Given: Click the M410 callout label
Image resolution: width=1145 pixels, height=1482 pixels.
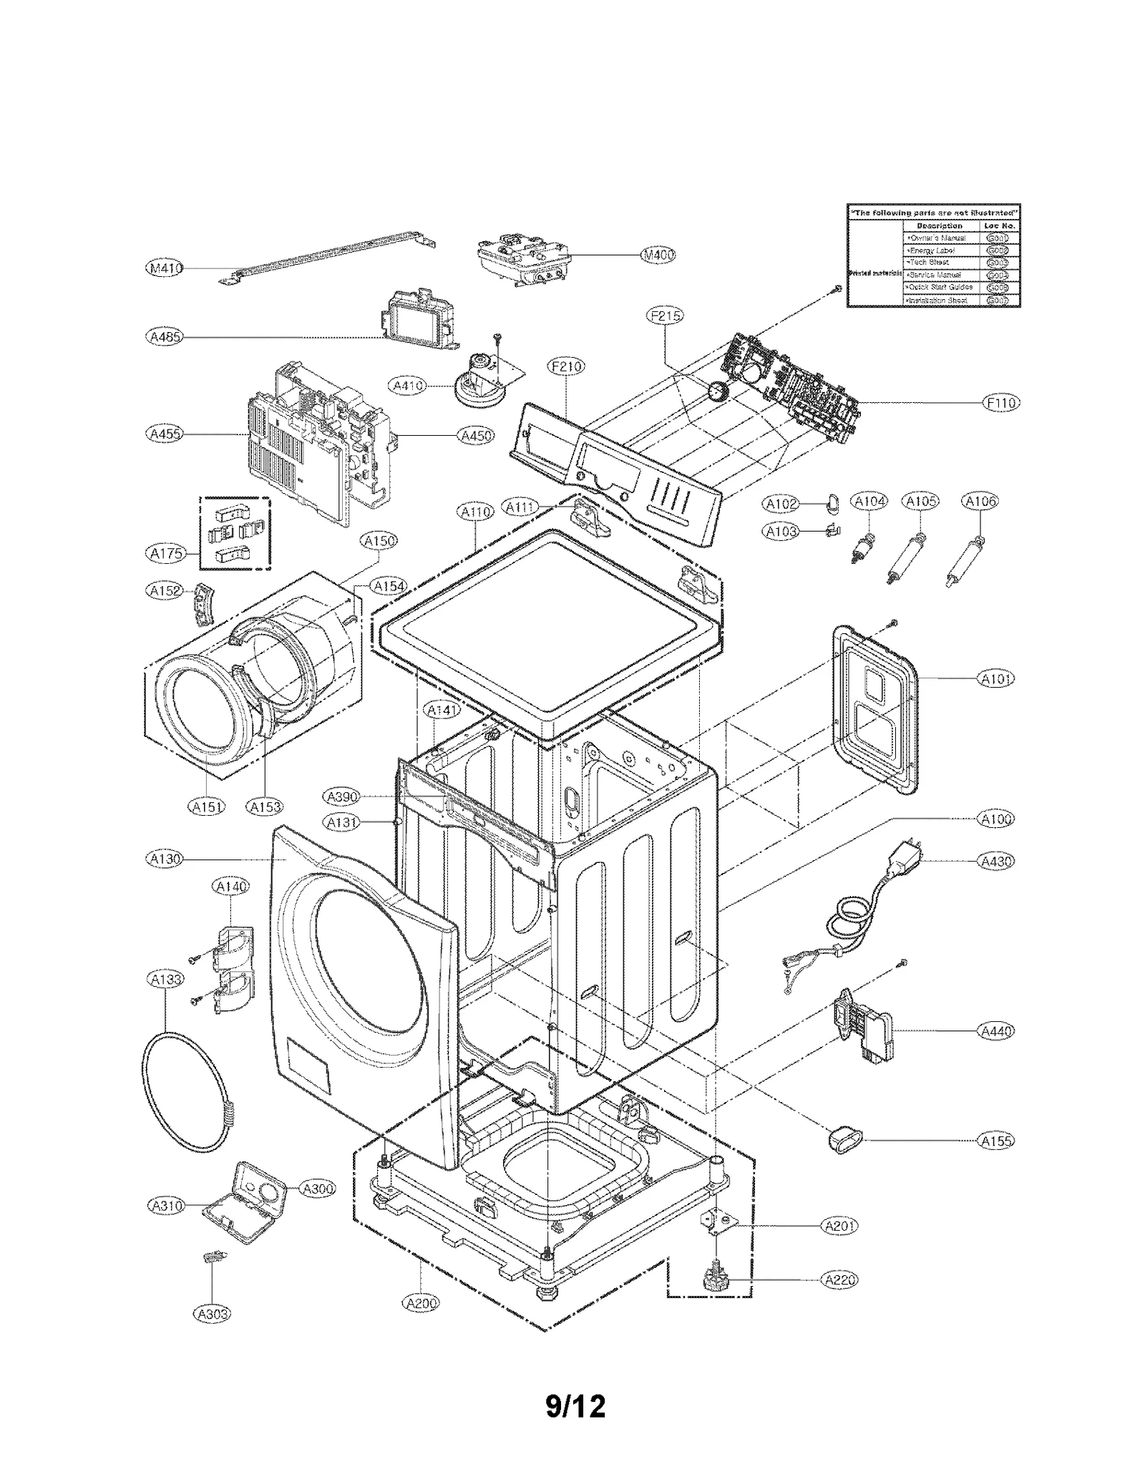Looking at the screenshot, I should pos(164,268).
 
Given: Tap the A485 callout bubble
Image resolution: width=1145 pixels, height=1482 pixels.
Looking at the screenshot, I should pos(164,336).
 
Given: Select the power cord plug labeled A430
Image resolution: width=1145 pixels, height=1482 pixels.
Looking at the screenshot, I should pos(903,859).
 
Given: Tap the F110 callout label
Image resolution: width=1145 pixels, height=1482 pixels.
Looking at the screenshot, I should pos(1001,403).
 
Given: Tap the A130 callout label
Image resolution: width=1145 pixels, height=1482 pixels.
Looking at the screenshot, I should pos(164,858).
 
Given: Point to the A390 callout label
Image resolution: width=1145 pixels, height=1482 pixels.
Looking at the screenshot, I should pos(342,796).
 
